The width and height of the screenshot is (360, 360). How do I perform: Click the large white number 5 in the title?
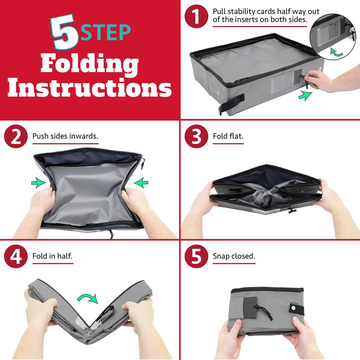tap(64, 32)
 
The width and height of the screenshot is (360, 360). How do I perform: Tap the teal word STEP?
tap(106, 32)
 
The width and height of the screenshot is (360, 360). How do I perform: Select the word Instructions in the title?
tap(90, 87)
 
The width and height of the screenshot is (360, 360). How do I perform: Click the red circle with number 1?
tap(196, 17)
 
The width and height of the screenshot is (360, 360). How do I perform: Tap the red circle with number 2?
tap(16, 136)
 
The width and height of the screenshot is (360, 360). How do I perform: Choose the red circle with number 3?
tap(196, 136)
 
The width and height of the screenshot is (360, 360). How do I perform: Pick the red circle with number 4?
tap(16, 256)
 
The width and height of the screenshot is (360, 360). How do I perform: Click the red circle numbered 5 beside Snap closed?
tap(196, 256)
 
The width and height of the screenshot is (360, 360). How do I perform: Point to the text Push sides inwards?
tap(65, 136)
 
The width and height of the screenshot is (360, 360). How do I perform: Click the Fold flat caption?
tap(228, 136)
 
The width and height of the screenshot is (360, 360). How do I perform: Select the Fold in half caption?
tap(52, 256)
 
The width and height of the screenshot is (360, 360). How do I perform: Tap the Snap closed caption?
tap(234, 256)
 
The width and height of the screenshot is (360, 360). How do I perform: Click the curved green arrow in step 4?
tap(88, 297)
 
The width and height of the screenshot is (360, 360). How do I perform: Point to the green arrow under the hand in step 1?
tap(305, 96)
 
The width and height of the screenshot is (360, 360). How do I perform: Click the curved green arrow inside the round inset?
tap(336, 53)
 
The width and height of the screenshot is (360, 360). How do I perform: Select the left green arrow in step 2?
tap(38, 183)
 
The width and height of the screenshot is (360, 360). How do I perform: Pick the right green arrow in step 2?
tap(141, 183)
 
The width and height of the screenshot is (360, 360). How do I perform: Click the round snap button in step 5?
tap(294, 308)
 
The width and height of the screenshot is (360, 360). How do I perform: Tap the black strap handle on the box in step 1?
tap(231, 103)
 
